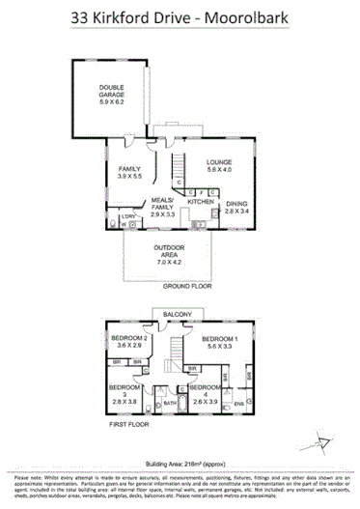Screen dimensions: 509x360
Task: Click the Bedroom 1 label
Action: (221, 342)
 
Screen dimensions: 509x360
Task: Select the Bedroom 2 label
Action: (129, 342)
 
